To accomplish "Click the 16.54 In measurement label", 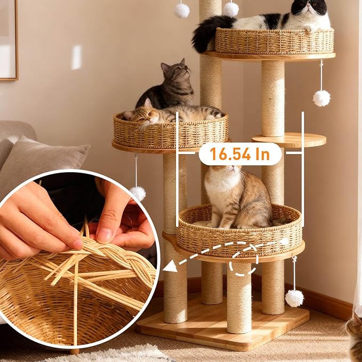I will pyautogui.click(x=239, y=154).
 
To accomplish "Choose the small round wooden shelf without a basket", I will pyautogui.click(x=289, y=140).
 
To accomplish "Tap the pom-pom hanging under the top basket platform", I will pyautogui.click(x=321, y=98).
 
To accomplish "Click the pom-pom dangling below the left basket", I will pyautogui.click(x=138, y=193).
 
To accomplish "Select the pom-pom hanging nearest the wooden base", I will pyautogui.click(x=294, y=297).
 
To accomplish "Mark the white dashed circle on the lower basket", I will pyautogui.click(x=244, y=259).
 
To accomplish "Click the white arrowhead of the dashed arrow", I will pyautogui.click(x=170, y=265).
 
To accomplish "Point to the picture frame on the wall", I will pyautogui.click(x=9, y=40).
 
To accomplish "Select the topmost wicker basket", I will pyautogui.click(x=274, y=41).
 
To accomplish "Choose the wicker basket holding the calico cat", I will pyautogui.click(x=239, y=235).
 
